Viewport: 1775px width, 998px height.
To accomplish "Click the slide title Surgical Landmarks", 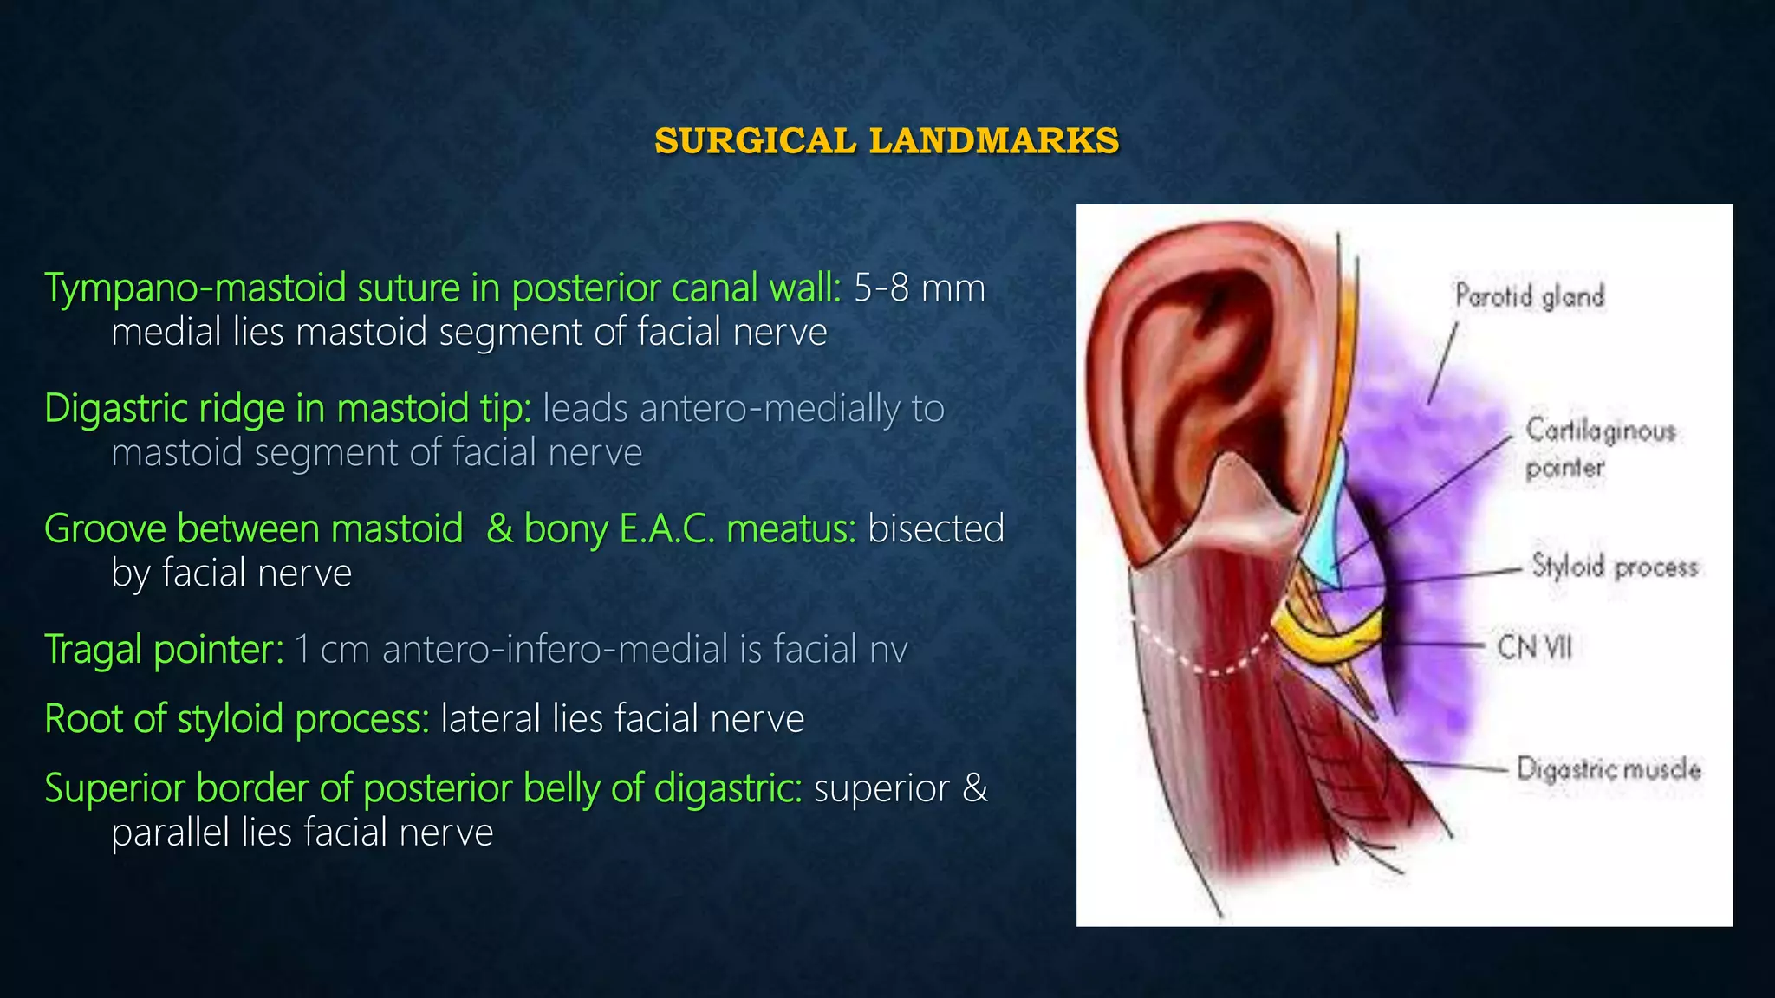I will point(887,141).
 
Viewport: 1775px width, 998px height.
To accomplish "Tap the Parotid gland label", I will point(1530,296).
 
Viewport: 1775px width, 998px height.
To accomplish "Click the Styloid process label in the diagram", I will point(1614,567).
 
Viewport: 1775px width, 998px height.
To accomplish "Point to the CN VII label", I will point(1534,646).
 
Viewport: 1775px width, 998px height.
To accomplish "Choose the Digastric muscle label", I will point(1609,769).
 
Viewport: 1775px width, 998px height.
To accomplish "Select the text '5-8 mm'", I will point(920,288).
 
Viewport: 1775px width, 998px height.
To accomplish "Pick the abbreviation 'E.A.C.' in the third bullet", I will point(667,529).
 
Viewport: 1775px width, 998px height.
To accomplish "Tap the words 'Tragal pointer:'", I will point(164,650).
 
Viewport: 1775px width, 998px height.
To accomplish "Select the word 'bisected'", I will point(936,529).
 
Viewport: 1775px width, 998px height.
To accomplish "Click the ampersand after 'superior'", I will point(975,788).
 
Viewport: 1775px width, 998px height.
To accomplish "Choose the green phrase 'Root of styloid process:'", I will point(237,719).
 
